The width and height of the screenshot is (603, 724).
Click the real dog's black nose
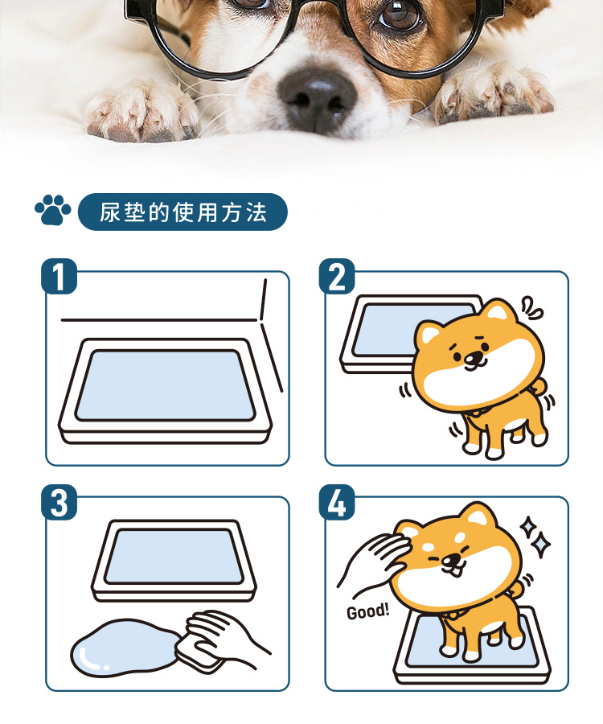click(x=318, y=97)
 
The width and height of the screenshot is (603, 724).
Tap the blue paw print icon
click(x=52, y=210)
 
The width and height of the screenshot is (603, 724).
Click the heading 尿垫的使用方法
click(x=183, y=212)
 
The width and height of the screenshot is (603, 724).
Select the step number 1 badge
click(x=59, y=276)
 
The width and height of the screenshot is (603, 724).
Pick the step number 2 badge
click(x=337, y=276)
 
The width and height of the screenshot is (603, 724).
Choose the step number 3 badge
click(x=59, y=502)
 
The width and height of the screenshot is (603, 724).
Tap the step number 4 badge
click(x=337, y=502)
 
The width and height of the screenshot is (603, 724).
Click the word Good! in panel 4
click(x=367, y=611)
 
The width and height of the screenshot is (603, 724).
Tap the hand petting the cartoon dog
click(x=373, y=560)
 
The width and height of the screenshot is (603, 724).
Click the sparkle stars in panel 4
click(x=535, y=535)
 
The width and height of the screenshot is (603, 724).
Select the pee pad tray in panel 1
click(x=165, y=391)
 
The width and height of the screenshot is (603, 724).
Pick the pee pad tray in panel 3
click(x=174, y=561)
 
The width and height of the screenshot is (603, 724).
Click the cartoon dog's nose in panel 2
click(x=471, y=357)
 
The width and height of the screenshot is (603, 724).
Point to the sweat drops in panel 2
click(x=532, y=308)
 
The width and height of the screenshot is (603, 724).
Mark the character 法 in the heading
click(x=256, y=212)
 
